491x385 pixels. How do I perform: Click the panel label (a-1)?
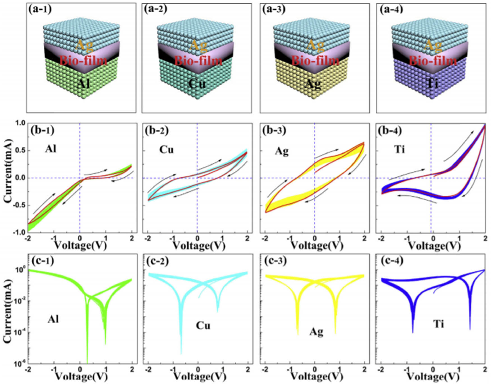coord(40,9)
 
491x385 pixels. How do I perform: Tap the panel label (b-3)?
coord(274,130)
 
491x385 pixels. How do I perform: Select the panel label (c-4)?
coord(392,261)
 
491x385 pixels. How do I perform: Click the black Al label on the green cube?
coord(83,83)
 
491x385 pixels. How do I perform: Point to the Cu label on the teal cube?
coord(197,83)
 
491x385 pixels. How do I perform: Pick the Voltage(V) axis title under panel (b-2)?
coord(199,246)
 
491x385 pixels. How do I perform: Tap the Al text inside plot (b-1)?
coord(51,148)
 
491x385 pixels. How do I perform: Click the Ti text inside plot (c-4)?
coord(439,324)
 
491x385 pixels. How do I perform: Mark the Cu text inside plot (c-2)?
coord(203,326)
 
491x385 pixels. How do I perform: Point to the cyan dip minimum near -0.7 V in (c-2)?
coord(181,353)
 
